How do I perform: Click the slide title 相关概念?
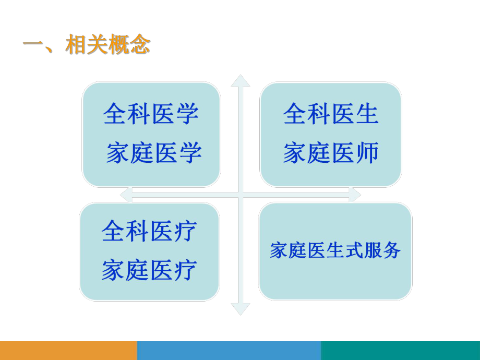[x=107, y=45]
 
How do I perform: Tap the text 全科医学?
[x=151, y=114]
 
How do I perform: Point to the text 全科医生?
[x=331, y=114]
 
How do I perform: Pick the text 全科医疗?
[x=149, y=231]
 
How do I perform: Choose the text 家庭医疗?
[x=149, y=270]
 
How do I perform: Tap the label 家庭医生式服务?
[x=335, y=251]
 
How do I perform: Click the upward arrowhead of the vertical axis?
[x=241, y=80]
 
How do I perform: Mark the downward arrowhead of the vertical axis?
[x=241, y=309]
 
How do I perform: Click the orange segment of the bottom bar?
[x=68, y=350]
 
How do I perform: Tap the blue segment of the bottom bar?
[x=229, y=350]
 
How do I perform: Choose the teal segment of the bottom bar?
[x=400, y=350]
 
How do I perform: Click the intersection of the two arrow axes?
[x=241, y=195]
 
